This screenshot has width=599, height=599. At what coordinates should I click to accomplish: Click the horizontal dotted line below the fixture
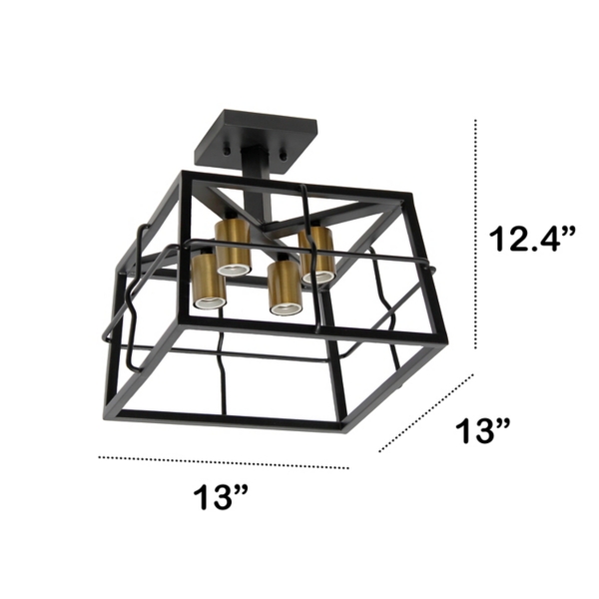(x=224, y=462)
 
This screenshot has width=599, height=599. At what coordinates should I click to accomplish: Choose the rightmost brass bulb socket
(x=318, y=253)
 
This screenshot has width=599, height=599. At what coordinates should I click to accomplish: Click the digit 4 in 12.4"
(x=552, y=241)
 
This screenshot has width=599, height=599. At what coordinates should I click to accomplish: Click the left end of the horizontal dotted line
(x=99, y=457)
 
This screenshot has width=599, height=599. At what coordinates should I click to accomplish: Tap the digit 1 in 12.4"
(x=496, y=241)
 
